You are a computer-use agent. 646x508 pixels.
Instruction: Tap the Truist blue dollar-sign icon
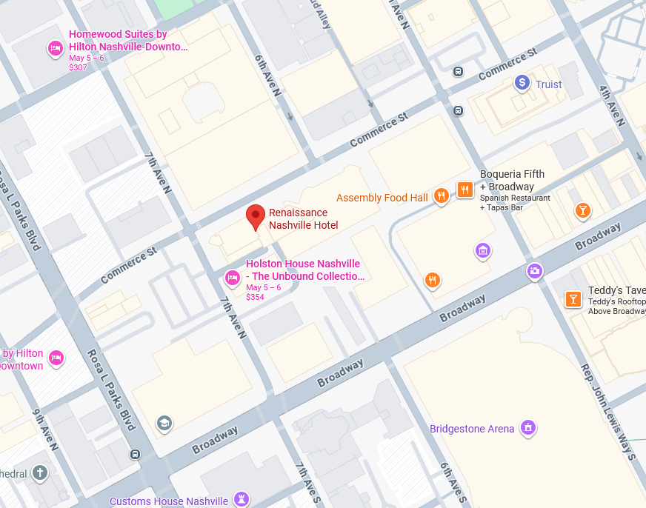tap(522, 84)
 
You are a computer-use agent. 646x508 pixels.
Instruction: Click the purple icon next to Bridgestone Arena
tap(527, 427)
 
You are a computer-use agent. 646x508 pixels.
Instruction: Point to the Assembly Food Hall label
tap(382, 198)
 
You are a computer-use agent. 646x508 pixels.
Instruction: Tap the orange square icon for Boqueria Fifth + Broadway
tap(464, 190)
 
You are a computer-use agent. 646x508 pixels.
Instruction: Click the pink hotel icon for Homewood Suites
tap(55, 49)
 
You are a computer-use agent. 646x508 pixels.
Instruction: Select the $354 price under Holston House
tap(255, 297)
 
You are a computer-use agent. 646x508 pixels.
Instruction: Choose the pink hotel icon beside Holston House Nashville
tap(232, 278)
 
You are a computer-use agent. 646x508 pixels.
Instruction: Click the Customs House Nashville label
tap(169, 501)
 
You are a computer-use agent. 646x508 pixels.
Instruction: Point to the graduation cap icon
tap(164, 423)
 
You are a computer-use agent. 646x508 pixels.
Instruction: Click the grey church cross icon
tap(40, 472)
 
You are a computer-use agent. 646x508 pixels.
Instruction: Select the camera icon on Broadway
tap(534, 271)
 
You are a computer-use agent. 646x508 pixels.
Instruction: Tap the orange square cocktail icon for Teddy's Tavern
tap(573, 298)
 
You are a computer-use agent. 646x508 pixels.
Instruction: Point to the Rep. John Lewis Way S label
tap(608, 412)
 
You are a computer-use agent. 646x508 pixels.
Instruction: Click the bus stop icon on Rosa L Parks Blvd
tap(135, 454)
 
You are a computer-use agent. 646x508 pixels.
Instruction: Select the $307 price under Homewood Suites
tap(78, 67)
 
